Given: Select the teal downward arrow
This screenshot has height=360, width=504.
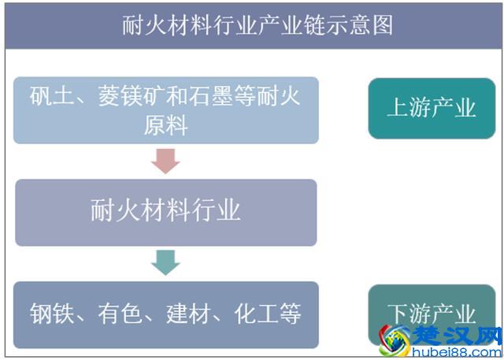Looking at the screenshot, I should tap(165, 262).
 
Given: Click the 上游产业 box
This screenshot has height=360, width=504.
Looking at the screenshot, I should tap(431, 108).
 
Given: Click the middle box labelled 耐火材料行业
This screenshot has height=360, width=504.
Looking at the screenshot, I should tap(165, 211).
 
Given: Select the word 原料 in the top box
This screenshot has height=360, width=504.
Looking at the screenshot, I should tap(165, 125).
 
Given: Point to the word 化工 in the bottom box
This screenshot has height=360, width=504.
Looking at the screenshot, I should tap(252, 315).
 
